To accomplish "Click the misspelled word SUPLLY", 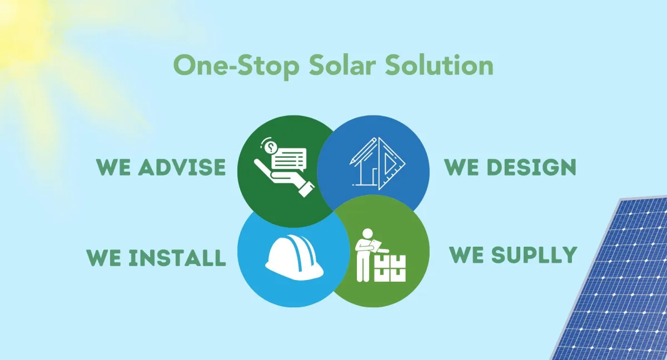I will (x=533, y=254).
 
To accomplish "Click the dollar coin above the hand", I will (x=271, y=147).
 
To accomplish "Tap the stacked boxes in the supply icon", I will (x=390, y=268).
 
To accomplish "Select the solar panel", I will (x=617, y=283).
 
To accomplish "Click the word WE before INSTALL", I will (x=104, y=258).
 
